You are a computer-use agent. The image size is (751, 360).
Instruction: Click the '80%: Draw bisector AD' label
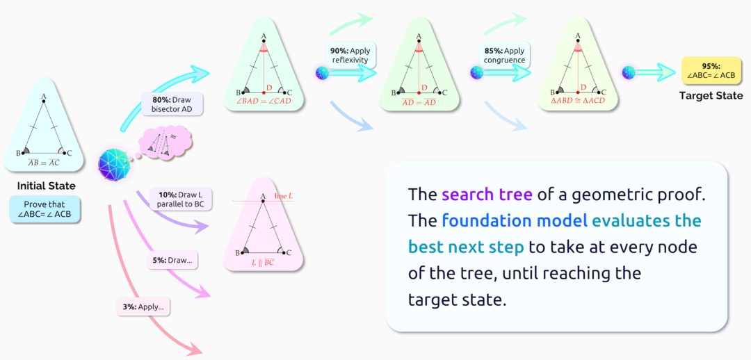point(172,104)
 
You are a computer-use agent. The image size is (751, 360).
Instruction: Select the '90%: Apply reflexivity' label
point(350,55)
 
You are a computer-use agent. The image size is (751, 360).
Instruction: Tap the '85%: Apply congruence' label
point(504,55)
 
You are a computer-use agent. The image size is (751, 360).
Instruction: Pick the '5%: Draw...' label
point(173,261)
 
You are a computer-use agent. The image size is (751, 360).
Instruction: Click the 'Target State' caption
point(711,95)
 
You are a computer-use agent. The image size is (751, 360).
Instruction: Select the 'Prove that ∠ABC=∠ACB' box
point(45,209)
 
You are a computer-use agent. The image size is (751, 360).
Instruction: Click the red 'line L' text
point(283,197)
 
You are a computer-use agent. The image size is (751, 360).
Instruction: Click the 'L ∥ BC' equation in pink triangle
point(263,263)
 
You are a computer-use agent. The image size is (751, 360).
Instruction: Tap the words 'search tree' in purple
point(487,194)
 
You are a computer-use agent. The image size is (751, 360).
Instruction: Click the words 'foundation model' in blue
point(513,220)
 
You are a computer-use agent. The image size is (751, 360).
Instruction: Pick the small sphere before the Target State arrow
point(629,72)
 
